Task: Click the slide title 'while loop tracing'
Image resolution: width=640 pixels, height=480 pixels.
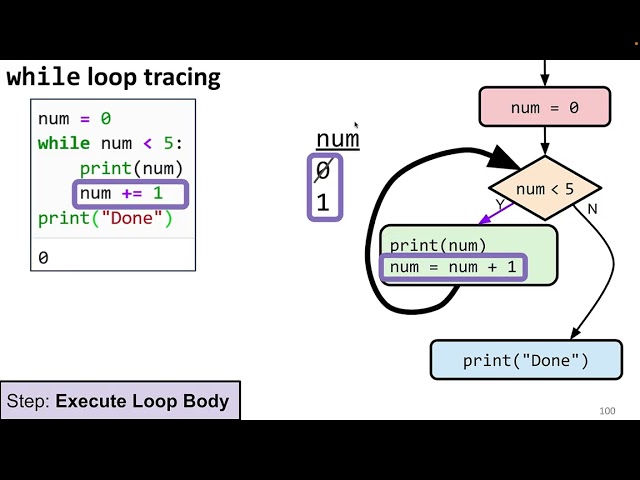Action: [113, 77]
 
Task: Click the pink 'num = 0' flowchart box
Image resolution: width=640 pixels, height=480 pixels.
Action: [544, 108]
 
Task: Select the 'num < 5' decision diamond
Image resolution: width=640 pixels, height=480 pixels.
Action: [545, 188]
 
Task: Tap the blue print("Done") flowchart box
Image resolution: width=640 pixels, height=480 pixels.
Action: [526, 360]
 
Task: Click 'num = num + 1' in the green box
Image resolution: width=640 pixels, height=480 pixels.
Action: [453, 267]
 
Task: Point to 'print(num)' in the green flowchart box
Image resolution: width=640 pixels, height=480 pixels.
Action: [438, 245]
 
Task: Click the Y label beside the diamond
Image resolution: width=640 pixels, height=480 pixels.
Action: [500, 205]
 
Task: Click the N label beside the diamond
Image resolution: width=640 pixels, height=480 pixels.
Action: [592, 209]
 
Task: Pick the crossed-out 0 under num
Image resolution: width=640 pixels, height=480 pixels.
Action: [322, 172]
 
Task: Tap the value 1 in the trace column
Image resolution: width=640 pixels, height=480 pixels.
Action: [322, 203]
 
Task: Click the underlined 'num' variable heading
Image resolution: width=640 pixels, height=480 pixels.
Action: [337, 139]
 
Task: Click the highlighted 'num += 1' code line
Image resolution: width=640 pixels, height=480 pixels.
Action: [121, 193]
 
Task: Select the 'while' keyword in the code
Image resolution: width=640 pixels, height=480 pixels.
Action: [63, 143]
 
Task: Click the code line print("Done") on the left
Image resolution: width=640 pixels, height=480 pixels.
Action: [91, 218]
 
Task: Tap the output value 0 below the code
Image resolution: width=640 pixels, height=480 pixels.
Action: [43, 258]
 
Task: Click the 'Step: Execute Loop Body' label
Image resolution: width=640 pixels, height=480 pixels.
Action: [118, 402]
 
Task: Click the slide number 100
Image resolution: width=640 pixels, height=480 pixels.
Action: [607, 411]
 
